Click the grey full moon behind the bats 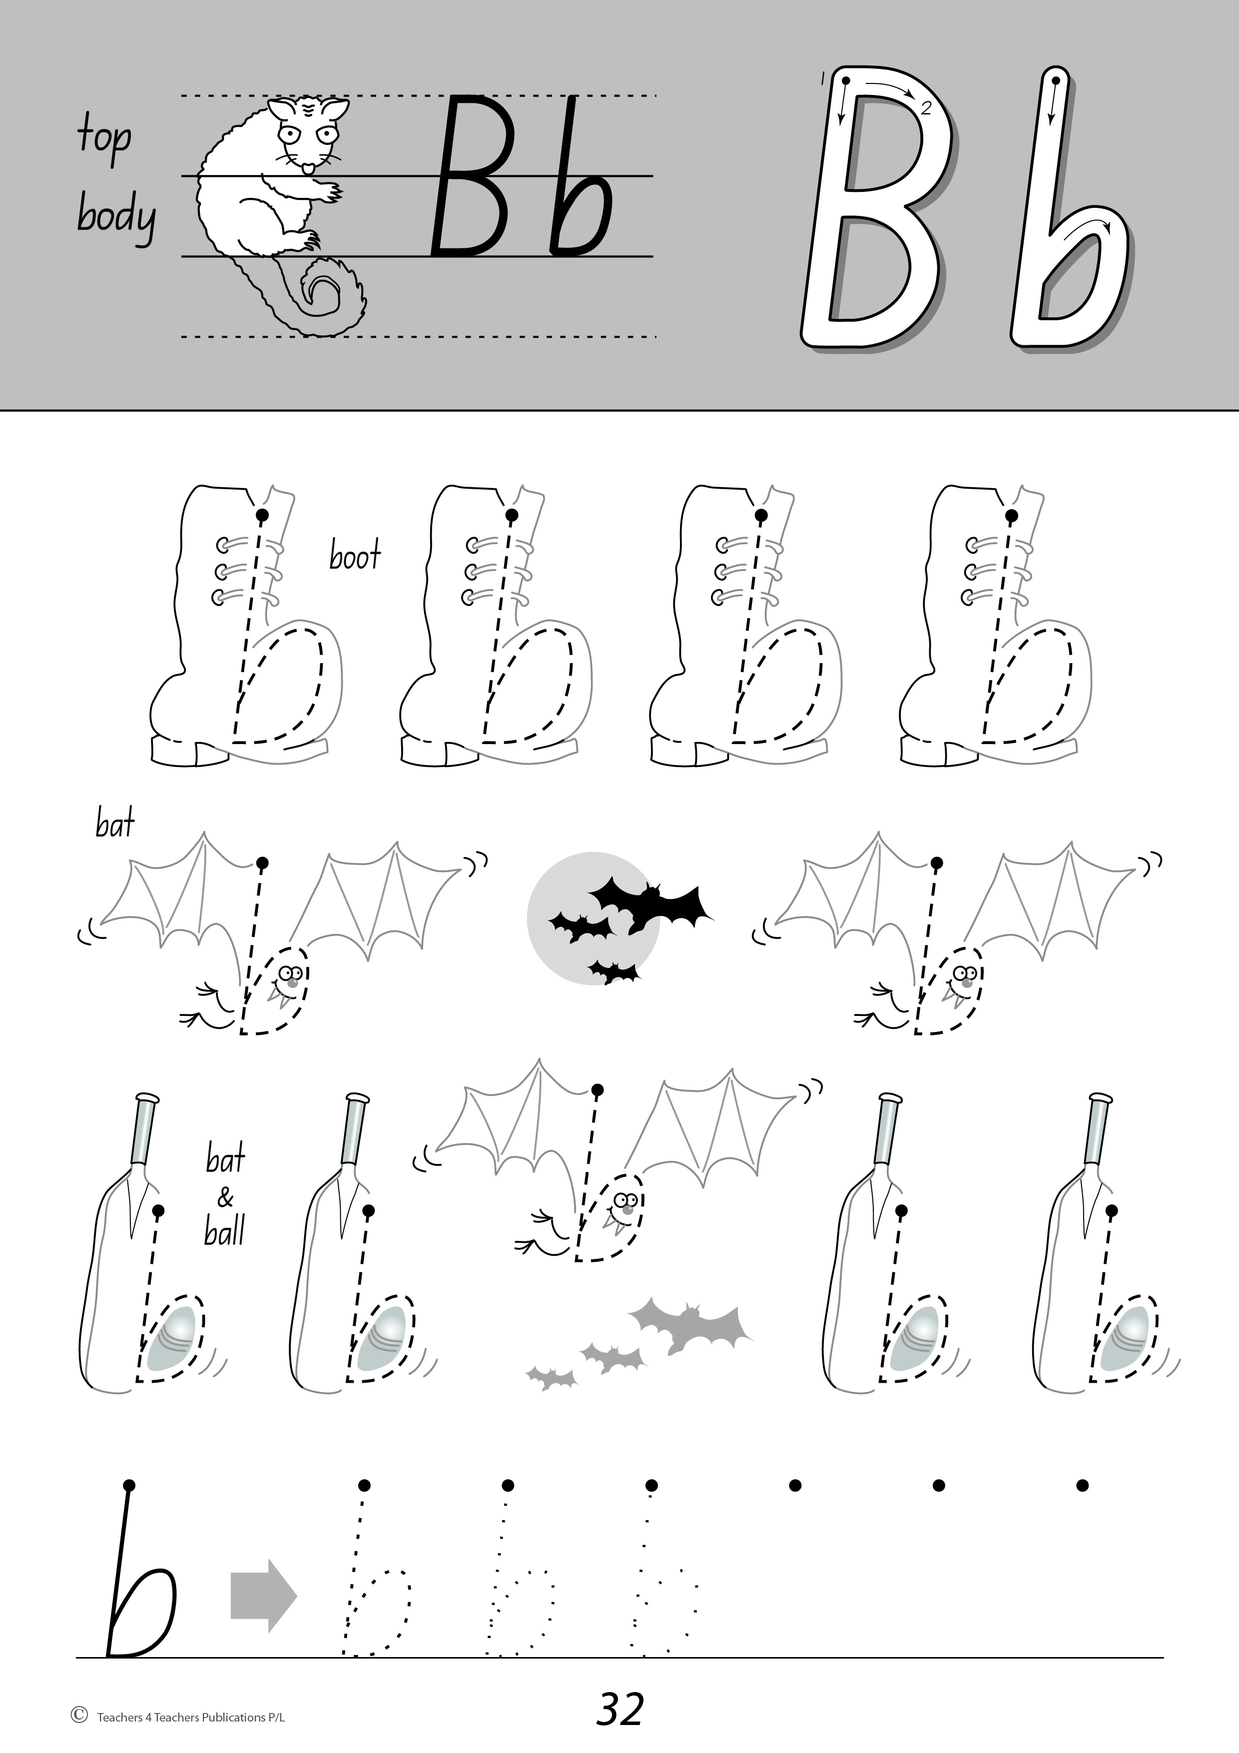pos(593,918)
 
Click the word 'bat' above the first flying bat pos(115,824)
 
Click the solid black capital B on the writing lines pos(471,176)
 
